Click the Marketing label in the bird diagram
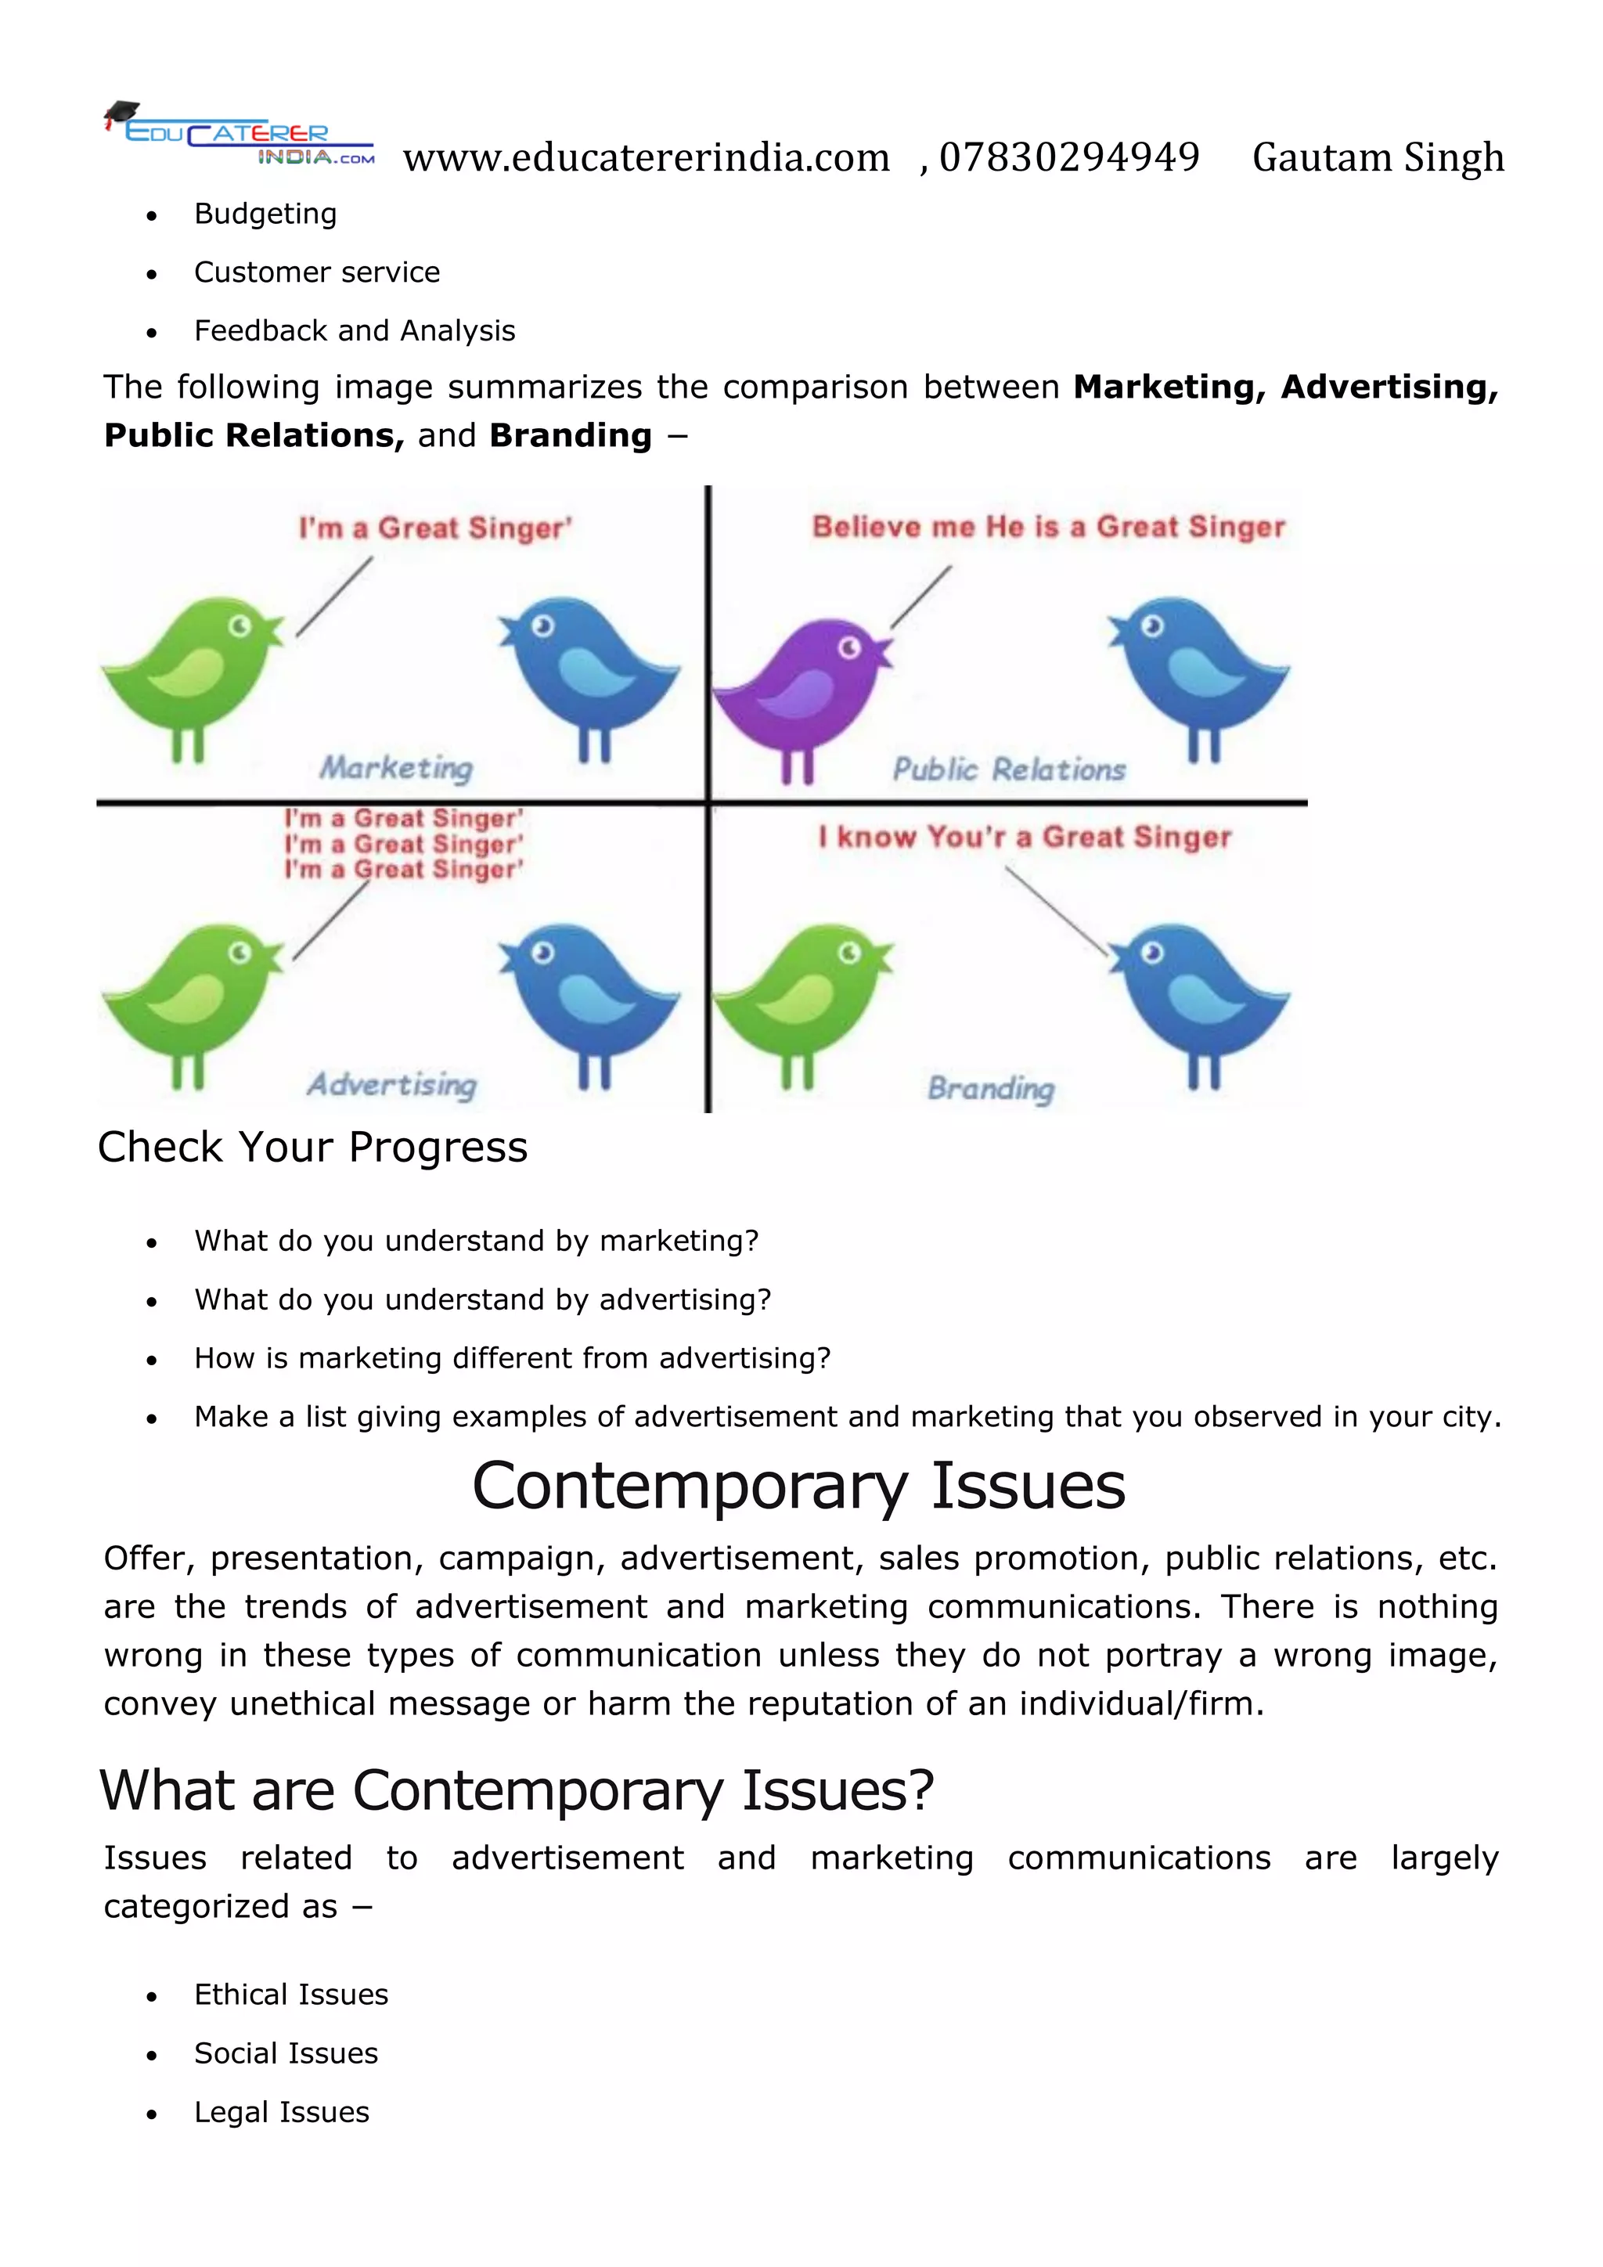click(x=396, y=768)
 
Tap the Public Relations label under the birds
click(x=1009, y=770)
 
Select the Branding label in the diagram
click(x=991, y=1088)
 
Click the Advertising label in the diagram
click(x=392, y=1085)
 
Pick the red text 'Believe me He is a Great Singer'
click(x=1048, y=528)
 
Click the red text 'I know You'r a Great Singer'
click(x=1025, y=838)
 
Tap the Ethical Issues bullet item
click(x=291, y=1995)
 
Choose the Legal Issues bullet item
click(x=281, y=2112)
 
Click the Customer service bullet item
click(x=317, y=272)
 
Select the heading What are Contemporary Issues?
click(x=517, y=1790)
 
